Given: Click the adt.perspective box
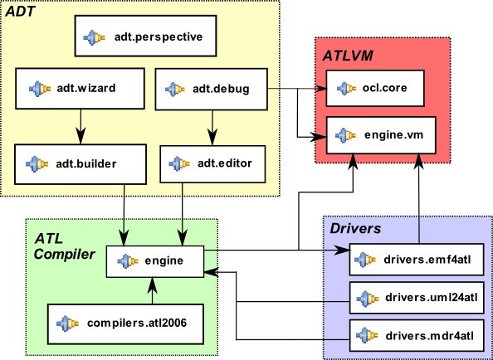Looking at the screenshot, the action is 145,36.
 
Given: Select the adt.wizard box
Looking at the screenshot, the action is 80,89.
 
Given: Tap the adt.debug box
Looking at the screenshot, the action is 212,89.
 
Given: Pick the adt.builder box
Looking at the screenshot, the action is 81,164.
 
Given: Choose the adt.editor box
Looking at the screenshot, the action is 212,163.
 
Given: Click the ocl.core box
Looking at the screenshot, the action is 375,88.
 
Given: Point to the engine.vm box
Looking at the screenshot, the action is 381,135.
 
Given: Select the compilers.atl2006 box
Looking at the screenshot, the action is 125,324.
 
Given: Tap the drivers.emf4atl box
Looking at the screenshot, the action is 417,260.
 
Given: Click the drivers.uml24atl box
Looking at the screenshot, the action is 417,298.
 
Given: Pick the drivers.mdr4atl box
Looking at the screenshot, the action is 417,335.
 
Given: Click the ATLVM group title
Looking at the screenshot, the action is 348,56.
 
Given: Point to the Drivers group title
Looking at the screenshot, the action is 355,228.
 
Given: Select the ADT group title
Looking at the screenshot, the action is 21,12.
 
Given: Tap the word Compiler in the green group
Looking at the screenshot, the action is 64,254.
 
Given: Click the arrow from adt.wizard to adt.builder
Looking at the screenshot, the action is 81,127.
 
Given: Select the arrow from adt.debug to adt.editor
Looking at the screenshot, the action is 212,128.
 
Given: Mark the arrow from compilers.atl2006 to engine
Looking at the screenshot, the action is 152,290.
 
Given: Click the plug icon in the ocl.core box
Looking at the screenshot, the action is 346,89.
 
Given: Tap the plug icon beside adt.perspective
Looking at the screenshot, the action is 94,37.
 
